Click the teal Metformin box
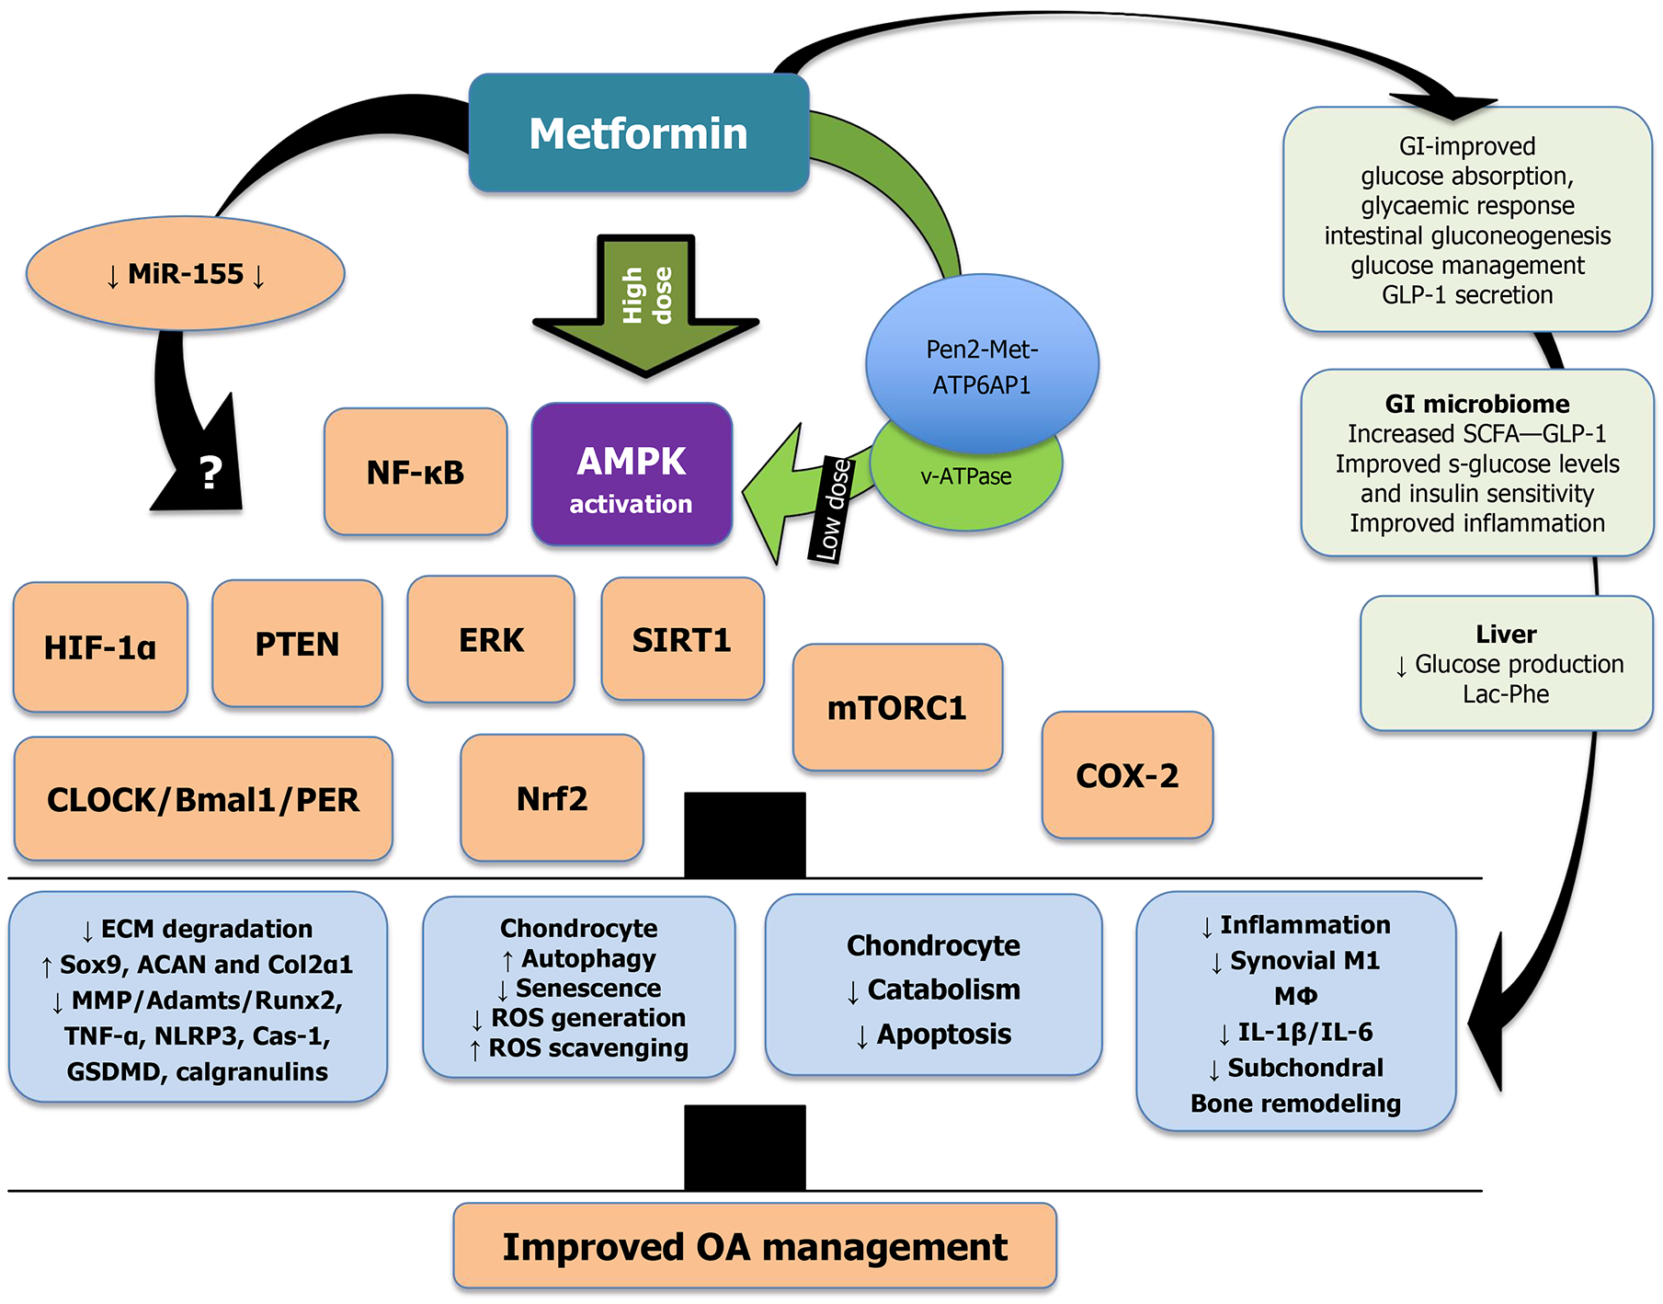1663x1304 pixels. tap(638, 133)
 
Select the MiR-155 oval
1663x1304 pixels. tap(185, 274)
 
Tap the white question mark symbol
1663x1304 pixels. tap(211, 473)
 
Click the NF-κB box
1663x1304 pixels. tap(416, 473)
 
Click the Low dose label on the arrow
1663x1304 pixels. tap(831, 509)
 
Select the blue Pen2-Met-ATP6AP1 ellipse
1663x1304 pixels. tap(982, 359)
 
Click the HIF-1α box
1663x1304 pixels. tap(100, 647)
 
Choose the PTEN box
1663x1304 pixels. tap(297, 644)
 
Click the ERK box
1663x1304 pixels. tap(491, 640)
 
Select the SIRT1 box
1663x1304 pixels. tap(682, 640)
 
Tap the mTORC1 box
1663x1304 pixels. tap(897, 708)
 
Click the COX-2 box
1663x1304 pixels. tap(1127, 775)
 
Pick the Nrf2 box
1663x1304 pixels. tap(552, 798)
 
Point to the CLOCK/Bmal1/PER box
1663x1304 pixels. tap(203, 799)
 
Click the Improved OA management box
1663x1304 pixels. tap(755, 1247)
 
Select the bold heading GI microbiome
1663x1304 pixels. tap(1477, 404)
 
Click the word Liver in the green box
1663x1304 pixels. tap(1506, 634)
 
